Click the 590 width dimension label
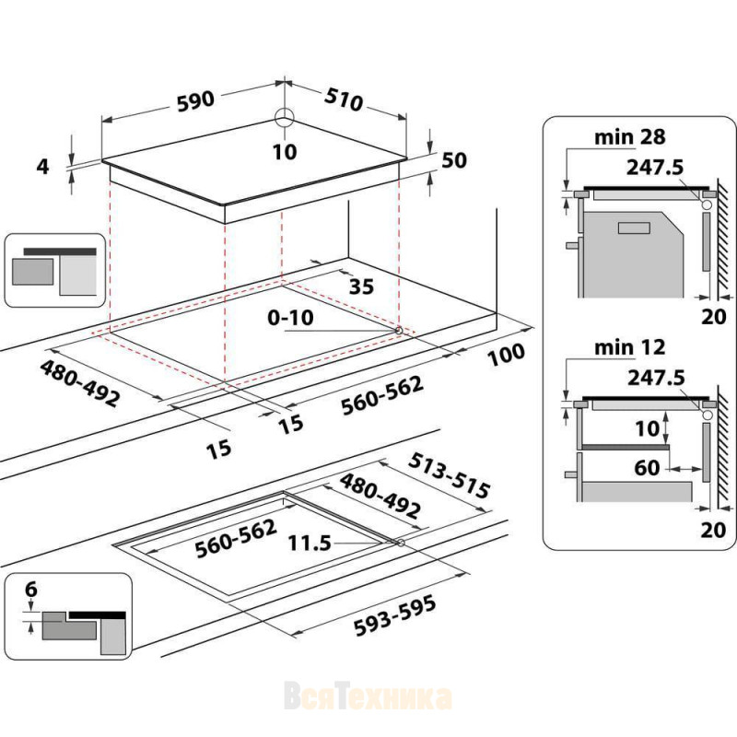point(195,101)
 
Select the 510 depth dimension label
point(344,99)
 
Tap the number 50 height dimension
point(454,160)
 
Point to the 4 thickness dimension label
point(42,167)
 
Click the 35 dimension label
point(361,287)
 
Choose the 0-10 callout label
point(290,318)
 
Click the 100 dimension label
point(506,356)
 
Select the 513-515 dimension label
point(449,475)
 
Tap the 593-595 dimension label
point(394,615)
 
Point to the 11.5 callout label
point(310,544)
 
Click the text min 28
point(630,136)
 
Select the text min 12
point(630,347)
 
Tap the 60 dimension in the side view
point(647,468)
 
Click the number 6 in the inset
point(31,589)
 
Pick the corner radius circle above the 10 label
point(285,117)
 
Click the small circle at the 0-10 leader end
point(399,331)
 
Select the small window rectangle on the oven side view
point(634,228)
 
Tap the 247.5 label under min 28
point(655,168)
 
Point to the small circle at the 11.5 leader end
point(401,544)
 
